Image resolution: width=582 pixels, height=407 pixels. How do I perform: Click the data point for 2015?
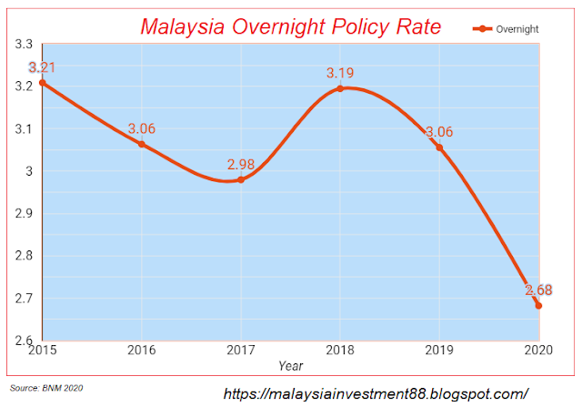[x=42, y=83]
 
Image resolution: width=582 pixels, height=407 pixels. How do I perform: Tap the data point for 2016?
[x=141, y=144]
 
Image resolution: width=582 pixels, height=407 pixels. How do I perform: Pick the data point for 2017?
[x=241, y=179]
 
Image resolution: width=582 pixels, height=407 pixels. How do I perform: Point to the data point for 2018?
[x=340, y=88]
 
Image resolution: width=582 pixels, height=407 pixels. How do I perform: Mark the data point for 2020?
[x=538, y=305]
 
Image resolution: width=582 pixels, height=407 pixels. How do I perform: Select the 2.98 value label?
[x=242, y=164]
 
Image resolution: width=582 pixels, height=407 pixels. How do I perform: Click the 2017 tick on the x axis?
[x=241, y=350]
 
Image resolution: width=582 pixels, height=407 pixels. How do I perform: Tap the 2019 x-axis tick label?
[x=439, y=350]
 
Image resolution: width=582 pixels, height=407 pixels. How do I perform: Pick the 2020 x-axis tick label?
[x=537, y=350]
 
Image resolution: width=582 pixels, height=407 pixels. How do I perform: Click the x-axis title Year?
[x=291, y=365]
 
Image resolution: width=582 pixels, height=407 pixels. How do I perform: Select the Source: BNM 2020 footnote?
[x=46, y=389]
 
